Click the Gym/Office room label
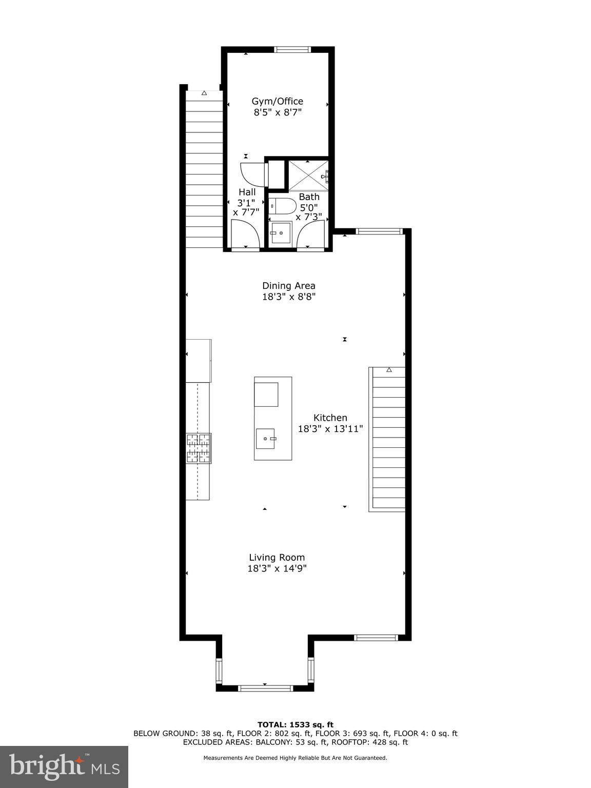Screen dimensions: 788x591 pyautogui.click(x=277, y=101)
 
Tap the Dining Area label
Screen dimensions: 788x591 pyautogui.click(x=288, y=286)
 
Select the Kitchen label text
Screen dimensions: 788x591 pyautogui.click(x=330, y=418)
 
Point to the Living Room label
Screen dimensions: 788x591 pyautogui.click(x=277, y=557)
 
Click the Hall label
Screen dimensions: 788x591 pyautogui.click(x=247, y=192)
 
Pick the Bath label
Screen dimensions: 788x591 pyautogui.click(x=309, y=196)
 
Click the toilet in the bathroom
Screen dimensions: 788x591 pyautogui.click(x=283, y=206)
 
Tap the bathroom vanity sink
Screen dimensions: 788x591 pyautogui.click(x=280, y=233)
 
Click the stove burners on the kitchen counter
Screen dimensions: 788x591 pyautogui.click(x=198, y=448)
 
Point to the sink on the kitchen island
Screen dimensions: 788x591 pyautogui.click(x=266, y=439)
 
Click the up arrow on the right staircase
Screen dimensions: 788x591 pyautogui.click(x=389, y=370)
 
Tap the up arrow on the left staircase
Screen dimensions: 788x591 pyautogui.click(x=204, y=93)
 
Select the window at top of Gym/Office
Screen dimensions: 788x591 pyautogui.click(x=292, y=50)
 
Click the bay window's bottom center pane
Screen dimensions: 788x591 pyautogui.click(x=265, y=688)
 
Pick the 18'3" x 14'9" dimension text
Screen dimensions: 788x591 pyautogui.click(x=277, y=568)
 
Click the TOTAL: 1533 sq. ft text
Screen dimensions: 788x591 pyautogui.click(x=295, y=724)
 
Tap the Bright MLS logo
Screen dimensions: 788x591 pyautogui.click(x=64, y=766)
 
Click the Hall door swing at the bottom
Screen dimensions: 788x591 pyautogui.click(x=245, y=234)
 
